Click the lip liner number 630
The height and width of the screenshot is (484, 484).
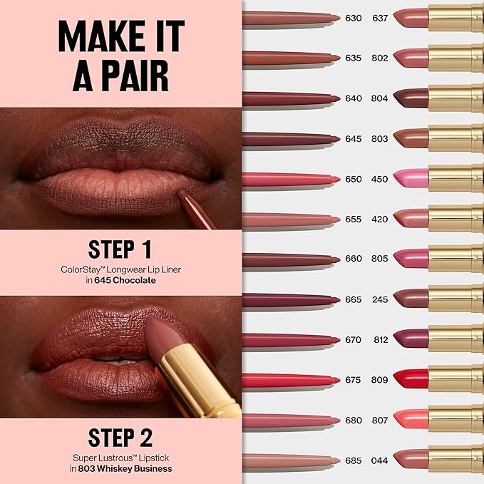pos(354,17)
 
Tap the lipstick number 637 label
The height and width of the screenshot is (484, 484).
pos(380,17)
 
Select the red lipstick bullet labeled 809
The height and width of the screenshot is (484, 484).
pos(411,379)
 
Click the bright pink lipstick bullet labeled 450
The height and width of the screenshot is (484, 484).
pos(411,178)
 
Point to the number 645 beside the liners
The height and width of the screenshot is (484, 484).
pos(354,138)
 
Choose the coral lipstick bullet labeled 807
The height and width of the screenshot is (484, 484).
pos(411,420)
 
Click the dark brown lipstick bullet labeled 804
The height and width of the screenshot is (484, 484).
pos(411,98)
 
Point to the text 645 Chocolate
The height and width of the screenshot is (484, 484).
pos(130,280)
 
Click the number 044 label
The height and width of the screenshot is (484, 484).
pos(380,460)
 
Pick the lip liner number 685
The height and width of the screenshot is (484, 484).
pos(354,460)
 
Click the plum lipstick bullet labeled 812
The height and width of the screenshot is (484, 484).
pos(411,339)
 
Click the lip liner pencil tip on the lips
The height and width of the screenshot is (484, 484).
pos(182,194)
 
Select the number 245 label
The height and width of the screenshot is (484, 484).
pos(380,299)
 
